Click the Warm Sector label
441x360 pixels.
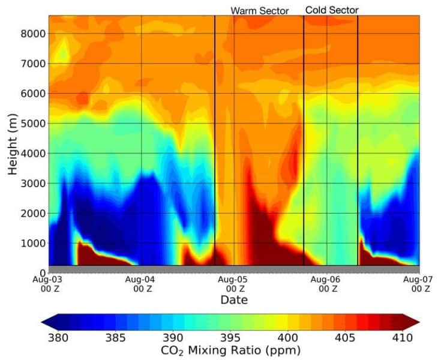tap(260, 10)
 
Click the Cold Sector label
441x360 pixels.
tap(332, 10)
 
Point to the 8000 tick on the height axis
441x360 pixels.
tap(30, 34)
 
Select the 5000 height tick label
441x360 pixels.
tap(30, 124)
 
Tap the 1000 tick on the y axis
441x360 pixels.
tap(30, 243)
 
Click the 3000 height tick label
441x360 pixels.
tap(30, 184)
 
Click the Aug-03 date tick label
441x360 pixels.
tap(49, 283)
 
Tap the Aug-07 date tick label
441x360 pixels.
tap(418, 283)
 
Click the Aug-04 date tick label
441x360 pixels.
tap(141, 283)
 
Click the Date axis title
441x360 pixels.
tap(234, 299)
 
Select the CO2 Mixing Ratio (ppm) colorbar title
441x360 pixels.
tap(230, 349)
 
